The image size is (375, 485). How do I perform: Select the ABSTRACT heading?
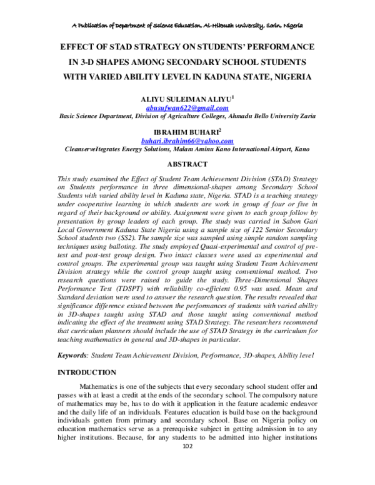(187, 164)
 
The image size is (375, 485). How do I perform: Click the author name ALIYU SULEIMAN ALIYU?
(186, 99)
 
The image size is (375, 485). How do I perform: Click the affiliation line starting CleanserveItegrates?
(187, 150)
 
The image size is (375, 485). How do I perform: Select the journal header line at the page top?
(187, 25)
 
